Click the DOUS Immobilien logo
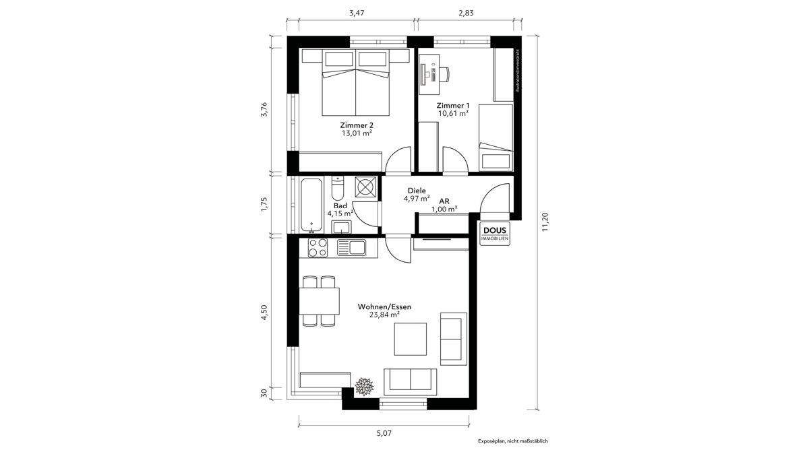(496, 233)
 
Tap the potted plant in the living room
(365, 387)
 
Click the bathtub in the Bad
(311, 205)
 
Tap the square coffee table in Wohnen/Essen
(410, 339)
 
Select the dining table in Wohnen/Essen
(320, 301)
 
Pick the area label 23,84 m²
(384, 315)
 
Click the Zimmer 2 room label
(357, 125)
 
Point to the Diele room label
(417, 191)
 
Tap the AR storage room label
(444, 201)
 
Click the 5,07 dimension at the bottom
(383, 433)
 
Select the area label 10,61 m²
(453, 113)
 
